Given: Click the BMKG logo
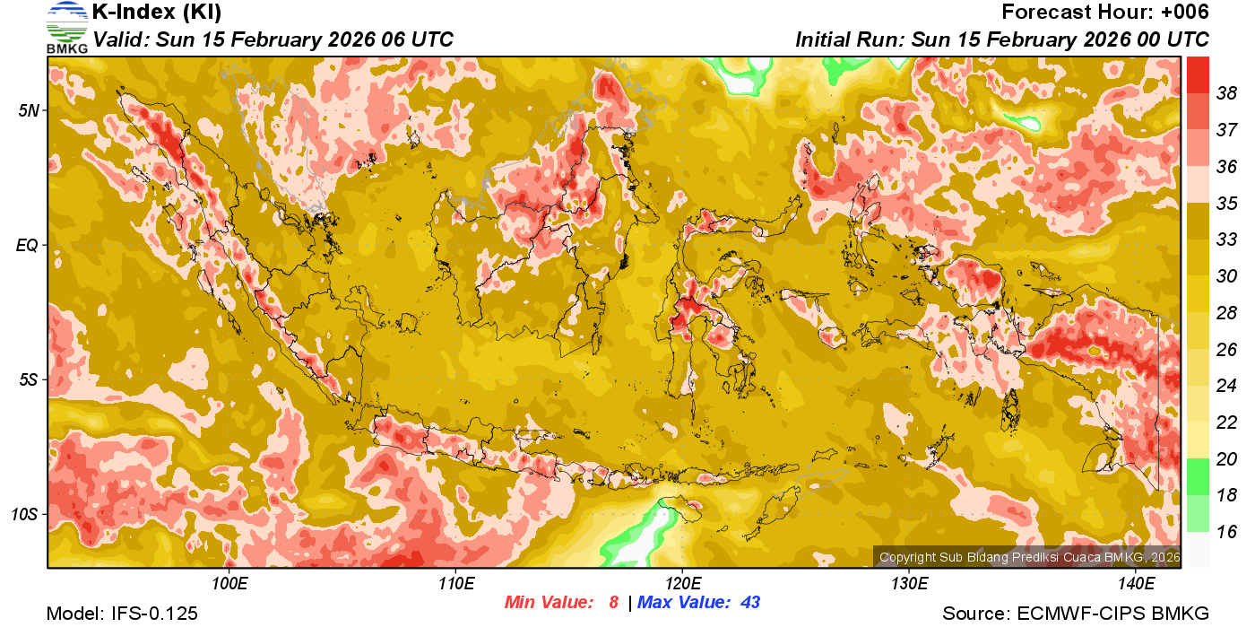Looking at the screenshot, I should tap(66, 27).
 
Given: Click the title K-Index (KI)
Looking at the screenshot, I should tap(157, 13).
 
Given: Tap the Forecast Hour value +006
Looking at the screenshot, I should tap(1184, 13).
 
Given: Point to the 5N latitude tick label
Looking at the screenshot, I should tap(29, 110).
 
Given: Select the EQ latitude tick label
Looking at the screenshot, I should tap(27, 245).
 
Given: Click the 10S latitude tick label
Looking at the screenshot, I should tap(25, 515).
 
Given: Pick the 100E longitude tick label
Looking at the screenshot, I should tap(229, 584).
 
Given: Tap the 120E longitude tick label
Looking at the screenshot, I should tap(682, 584).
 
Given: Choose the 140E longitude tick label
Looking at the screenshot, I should tap(1137, 584).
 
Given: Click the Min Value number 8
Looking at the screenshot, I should tap(614, 603).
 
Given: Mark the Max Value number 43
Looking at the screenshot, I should tap(750, 603).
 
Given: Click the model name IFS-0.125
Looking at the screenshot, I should tap(154, 614).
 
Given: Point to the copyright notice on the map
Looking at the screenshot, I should tap(1029, 557).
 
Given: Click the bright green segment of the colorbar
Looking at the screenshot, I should tap(1198, 476).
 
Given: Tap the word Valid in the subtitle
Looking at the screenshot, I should tap(122, 39).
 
